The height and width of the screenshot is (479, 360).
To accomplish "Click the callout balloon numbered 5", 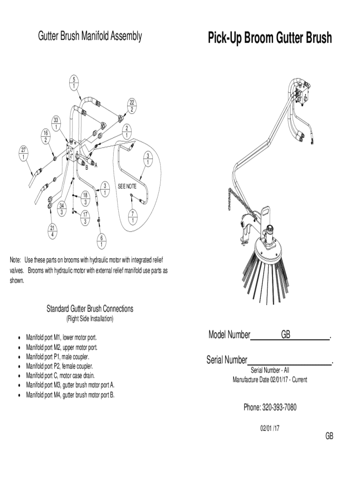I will (74, 82).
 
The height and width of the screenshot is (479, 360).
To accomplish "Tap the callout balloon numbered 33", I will (56, 123).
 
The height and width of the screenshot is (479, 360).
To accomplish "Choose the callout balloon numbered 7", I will (133, 216).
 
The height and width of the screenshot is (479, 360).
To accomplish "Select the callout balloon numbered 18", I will (86, 198).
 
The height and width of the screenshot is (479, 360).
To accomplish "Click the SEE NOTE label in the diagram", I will (126, 187).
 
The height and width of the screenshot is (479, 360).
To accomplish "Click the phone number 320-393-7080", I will (270, 407).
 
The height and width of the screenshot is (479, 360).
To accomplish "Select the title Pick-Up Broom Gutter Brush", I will (270, 38).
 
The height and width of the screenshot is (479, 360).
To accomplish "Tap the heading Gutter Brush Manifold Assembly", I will (90, 36).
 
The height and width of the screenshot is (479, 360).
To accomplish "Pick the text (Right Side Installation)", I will (90, 319).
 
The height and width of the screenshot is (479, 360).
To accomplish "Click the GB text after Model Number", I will (286, 335).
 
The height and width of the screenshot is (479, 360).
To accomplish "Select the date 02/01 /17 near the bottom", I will (270, 428).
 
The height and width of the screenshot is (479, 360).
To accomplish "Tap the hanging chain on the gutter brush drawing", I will (237, 201).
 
